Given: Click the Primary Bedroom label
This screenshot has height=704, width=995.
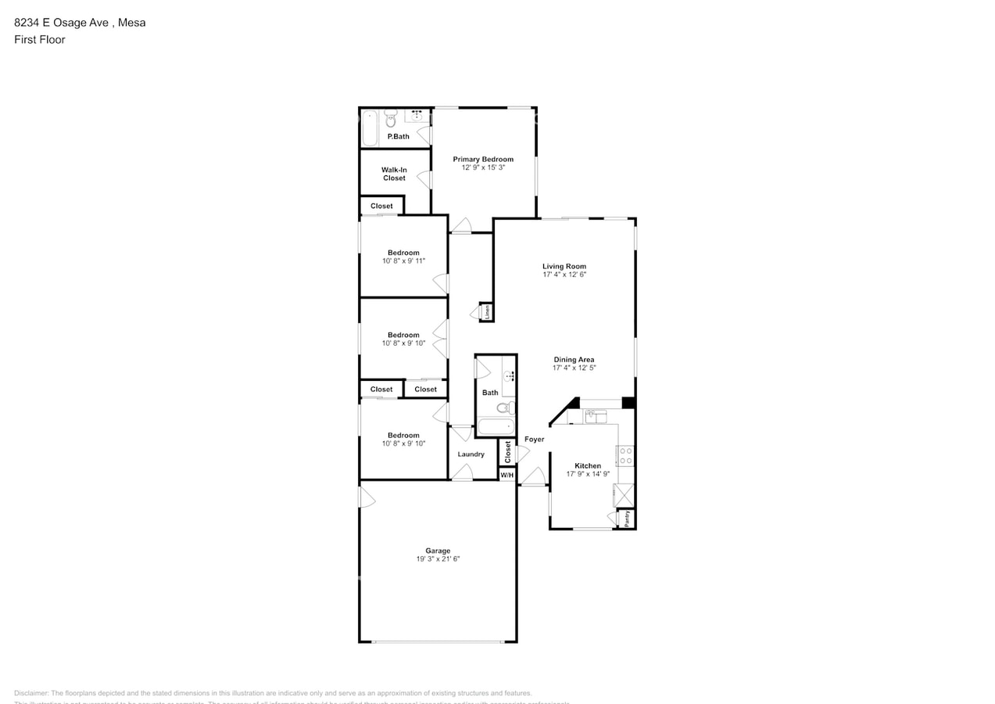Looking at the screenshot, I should click(x=483, y=159).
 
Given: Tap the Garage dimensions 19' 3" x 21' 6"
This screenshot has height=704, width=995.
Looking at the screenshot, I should click(x=437, y=559).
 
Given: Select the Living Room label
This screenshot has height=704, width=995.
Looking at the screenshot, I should click(x=564, y=266).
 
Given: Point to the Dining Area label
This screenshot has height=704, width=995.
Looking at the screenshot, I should click(x=574, y=359).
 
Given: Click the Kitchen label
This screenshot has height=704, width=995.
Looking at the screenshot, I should click(x=588, y=465).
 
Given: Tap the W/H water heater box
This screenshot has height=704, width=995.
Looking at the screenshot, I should click(x=506, y=475).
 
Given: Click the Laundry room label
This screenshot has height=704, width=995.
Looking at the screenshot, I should click(x=471, y=454).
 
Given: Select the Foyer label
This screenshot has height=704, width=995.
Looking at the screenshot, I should click(x=534, y=440).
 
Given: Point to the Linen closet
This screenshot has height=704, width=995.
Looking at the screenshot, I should click(x=487, y=311).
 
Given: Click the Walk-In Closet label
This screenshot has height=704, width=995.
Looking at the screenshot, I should click(x=394, y=174).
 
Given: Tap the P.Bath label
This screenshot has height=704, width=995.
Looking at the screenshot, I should click(x=398, y=136).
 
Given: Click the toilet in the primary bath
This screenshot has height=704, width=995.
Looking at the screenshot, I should click(x=390, y=119).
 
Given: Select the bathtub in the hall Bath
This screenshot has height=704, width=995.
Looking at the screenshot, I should click(x=496, y=427).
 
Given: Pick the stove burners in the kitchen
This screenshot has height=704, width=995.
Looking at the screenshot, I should click(x=625, y=455).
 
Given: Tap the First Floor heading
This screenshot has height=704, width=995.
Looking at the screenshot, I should click(x=40, y=39).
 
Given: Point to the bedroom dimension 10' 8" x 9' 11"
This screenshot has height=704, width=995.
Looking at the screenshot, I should click(x=403, y=261).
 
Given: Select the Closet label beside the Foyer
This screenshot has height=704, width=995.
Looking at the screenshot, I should click(x=507, y=451).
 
